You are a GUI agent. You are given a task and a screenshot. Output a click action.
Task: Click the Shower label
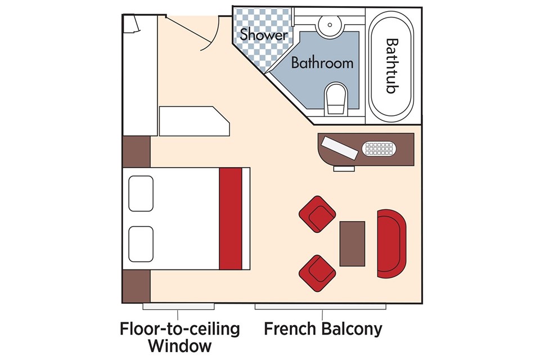[260, 34]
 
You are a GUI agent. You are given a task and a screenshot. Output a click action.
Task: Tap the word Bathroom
[322, 62]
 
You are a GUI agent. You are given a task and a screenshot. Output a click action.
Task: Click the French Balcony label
[323, 328]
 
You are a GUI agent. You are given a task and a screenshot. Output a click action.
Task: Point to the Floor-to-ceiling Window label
[179, 336]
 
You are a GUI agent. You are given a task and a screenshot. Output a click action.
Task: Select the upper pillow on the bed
[141, 193]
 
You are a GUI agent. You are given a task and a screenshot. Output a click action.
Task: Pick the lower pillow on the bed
[141, 244]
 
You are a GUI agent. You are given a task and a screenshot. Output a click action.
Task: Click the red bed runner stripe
[230, 219]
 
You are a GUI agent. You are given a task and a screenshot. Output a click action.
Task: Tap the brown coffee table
[352, 244]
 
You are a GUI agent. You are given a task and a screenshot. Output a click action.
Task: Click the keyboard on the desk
[380, 148]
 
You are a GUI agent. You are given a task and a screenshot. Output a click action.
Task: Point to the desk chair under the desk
[344, 168]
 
